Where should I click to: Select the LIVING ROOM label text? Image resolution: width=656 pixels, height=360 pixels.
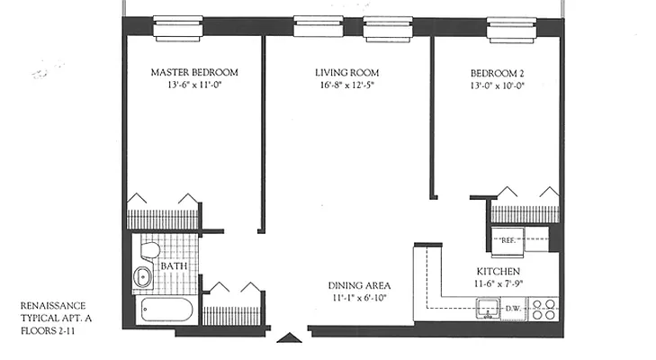(x=346, y=73)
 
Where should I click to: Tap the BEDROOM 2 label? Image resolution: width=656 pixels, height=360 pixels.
(x=503, y=73)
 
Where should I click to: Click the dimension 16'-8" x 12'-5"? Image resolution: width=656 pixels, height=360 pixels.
(x=346, y=87)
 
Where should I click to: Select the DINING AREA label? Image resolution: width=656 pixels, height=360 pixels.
(x=358, y=285)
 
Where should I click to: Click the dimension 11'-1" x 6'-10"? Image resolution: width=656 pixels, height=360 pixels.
(x=358, y=299)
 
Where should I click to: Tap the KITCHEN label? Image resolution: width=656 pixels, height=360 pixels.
(x=501, y=271)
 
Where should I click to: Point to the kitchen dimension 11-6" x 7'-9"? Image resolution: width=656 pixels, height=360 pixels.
(x=501, y=284)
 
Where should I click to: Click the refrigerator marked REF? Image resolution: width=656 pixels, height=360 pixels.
(x=507, y=241)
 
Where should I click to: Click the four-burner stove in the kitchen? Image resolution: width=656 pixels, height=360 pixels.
(x=544, y=309)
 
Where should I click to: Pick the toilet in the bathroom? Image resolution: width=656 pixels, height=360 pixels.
(x=149, y=249)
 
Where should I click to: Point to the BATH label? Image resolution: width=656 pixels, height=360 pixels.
(x=174, y=266)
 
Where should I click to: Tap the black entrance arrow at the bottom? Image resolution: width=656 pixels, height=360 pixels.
(x=288, y=338)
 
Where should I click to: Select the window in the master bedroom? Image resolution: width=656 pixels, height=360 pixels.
(x=177, y=28)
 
